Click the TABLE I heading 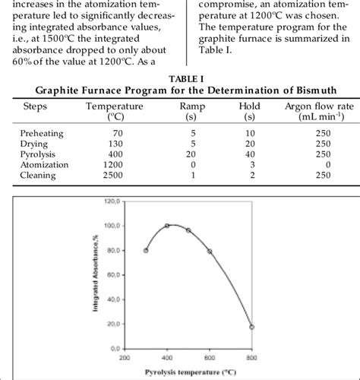(x=178, y=78)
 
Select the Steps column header (x=36, y=106)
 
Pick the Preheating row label (x=42, y=132)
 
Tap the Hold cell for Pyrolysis (x=248, y=154)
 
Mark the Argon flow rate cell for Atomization (x=327, y=163)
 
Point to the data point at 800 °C (x=251, y=327)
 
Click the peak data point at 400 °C (x=167, y=226)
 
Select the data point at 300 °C (x=146, y=250)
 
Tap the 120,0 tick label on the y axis (x=113, y=201)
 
